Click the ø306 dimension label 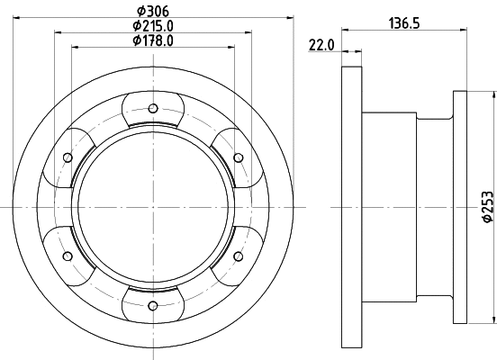(151, 10)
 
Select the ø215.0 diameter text (153, 25)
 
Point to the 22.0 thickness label (321, 44)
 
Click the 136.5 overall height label (404, 24)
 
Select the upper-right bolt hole (239, 157)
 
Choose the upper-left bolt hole (68, 157)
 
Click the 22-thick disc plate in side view (352, 207)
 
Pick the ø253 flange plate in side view (460, 207)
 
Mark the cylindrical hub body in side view (405, 207)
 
